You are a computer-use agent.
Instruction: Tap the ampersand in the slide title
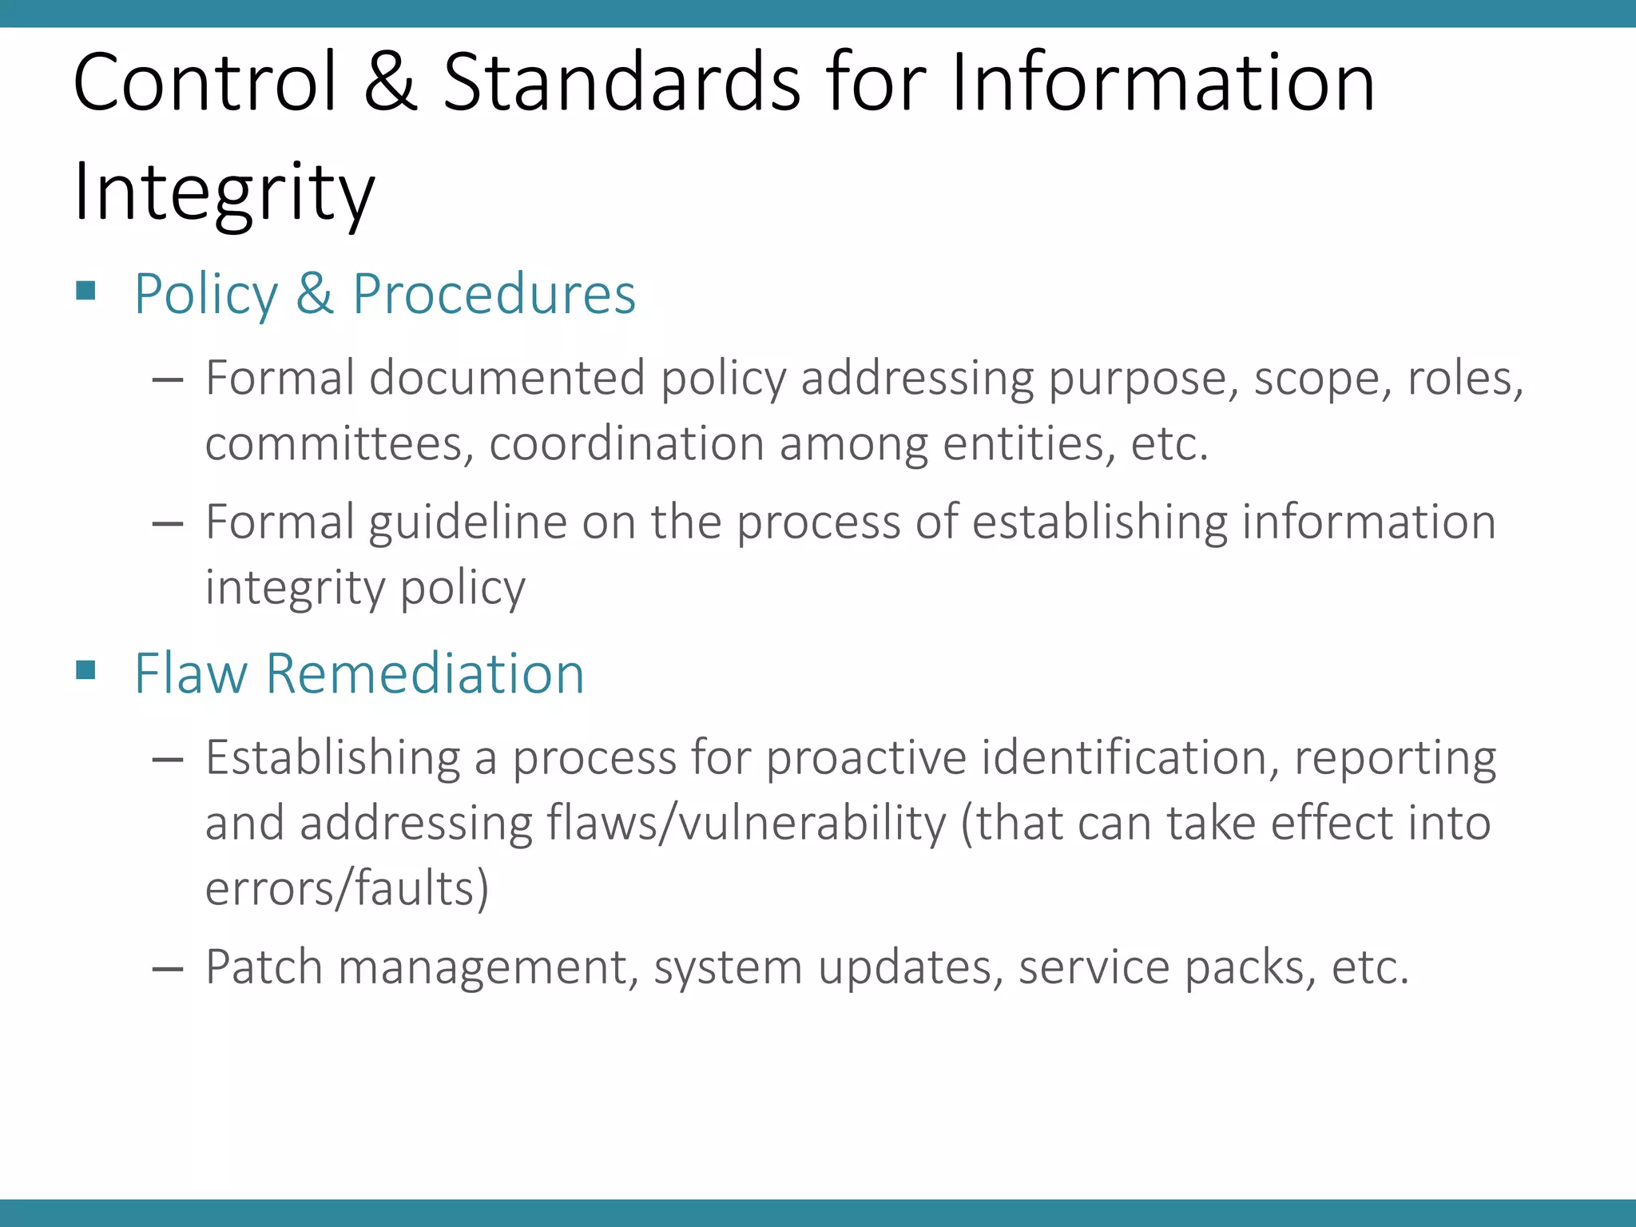(x=390, y=82)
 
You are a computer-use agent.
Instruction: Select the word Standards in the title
(x=621, y=82)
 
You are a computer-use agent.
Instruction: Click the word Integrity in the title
(x=224, y=192)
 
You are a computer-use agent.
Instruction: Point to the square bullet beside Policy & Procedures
(x=86, y=290)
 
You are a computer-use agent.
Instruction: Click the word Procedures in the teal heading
(x=494, y=295)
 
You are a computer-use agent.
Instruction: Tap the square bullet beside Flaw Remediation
(x=86, y=669)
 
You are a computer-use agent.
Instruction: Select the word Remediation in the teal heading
(x=424, y=673)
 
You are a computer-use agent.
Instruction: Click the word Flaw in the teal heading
(x=191, y=673)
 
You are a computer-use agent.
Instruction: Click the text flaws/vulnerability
(x=746, y=824)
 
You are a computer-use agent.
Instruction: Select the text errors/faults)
(x=347, y=889)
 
